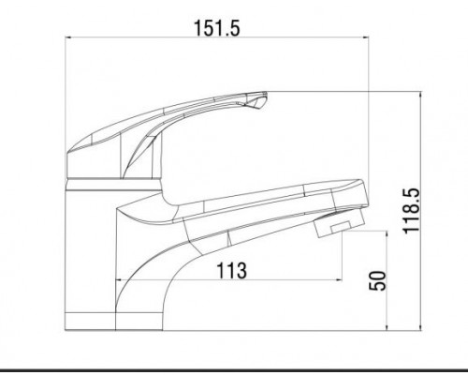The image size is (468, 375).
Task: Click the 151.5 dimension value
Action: click(217, 28)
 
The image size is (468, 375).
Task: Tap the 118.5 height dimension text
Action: click(412, 211)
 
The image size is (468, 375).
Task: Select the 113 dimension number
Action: click(231, 270)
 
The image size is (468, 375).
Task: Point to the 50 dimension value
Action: click(377, 280)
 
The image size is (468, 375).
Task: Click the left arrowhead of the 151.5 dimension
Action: click(68, 37)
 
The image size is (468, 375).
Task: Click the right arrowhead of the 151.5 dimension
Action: click(365, 37)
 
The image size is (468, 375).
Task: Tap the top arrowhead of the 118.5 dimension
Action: click(421, 95)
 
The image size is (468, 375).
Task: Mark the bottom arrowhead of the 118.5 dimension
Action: click(421, 327)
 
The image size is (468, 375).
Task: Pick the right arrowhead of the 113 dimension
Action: click(339, 280)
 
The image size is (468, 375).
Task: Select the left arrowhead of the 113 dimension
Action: click(119, 280)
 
